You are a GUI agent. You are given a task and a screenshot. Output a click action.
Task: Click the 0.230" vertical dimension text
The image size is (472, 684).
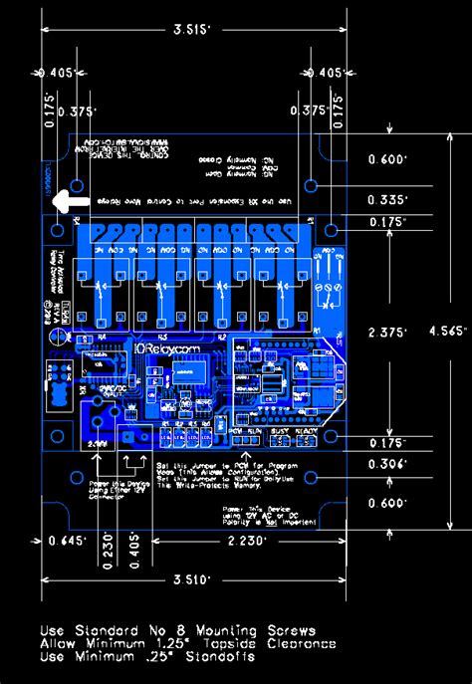coord(108,554)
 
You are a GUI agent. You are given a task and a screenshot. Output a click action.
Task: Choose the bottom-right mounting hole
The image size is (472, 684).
coord(311,478)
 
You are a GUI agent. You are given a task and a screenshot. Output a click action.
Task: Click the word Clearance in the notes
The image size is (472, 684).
coord(300,643)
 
